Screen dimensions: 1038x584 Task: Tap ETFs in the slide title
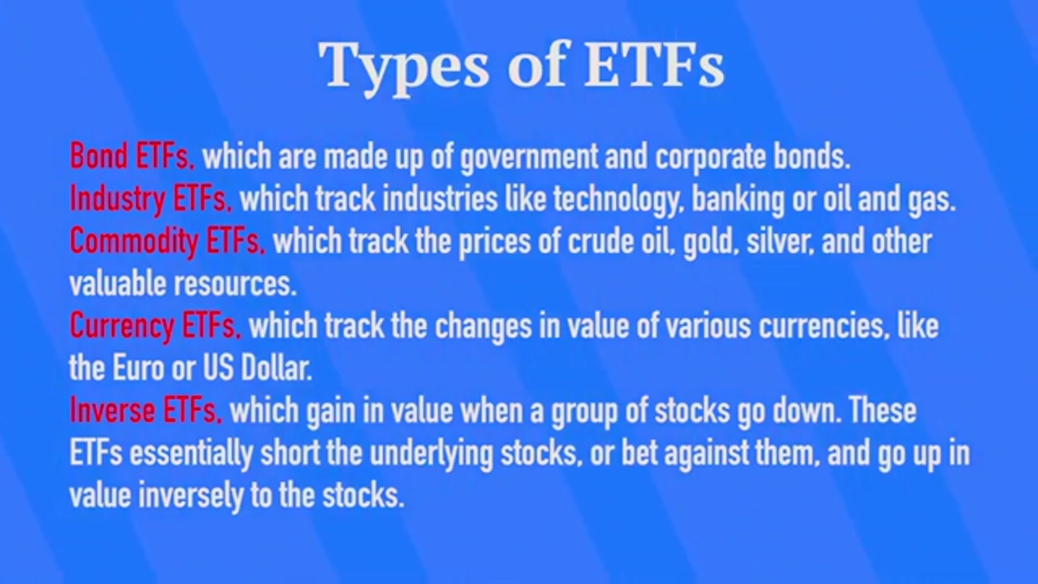pyautogui.click(x=654, y=65)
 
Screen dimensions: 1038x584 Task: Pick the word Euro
pyautogui.click(x=138, y=368)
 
